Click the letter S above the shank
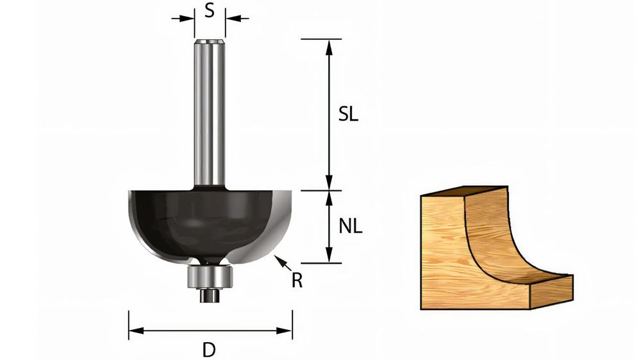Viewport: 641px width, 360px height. (x=209, y=12)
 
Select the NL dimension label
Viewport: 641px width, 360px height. (x=350, y=225)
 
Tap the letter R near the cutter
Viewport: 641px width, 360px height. (x=297, y=281)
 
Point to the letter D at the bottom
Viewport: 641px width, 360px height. (x=208, y=350)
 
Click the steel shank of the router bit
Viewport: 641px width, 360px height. (x=210, y=115)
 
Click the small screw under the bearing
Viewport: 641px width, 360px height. (x=208, y=295)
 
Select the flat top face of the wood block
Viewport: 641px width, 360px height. (x=465, y=192)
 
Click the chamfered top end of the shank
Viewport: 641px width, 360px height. (x=210, y=42)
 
